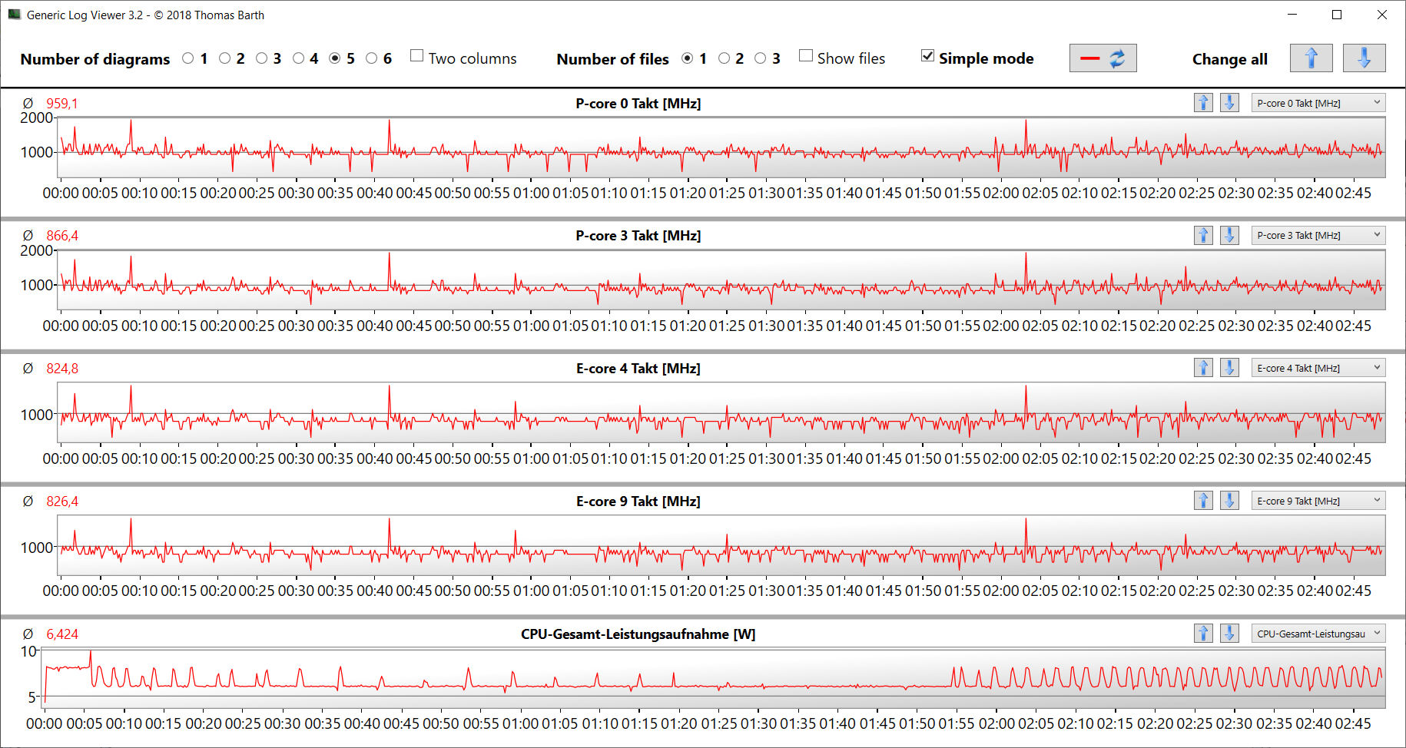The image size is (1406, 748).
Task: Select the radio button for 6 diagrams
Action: click(372, 58)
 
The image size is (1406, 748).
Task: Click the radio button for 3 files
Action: click(761, 58)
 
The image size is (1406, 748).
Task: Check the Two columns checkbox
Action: click(417, 56)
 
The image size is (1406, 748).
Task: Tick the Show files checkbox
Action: click(806, 56)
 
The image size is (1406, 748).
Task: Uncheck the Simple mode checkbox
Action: click(928, 56)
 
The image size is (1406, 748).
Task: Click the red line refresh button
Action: click(1103, 58)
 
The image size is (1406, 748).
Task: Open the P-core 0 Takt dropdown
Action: click(1318, 103)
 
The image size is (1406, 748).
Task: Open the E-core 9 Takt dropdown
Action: click(1318, 501)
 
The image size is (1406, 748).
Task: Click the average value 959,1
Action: click(61, 104)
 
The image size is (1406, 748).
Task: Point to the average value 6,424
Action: click(61, 634)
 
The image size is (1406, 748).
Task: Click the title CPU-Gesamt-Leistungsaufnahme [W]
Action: click(638, 634)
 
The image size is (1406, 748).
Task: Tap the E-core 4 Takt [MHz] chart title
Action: click(638, 369)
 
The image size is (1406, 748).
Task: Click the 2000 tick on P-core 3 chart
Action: click(36, 250)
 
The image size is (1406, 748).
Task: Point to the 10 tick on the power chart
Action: click(28, 651)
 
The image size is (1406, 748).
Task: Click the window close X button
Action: click(1381, 15)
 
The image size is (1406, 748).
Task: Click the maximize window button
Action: click(1337, 15)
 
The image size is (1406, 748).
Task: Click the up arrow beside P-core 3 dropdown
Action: click(1203, 236)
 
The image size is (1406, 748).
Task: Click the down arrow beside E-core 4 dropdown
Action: click(1229, 369)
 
